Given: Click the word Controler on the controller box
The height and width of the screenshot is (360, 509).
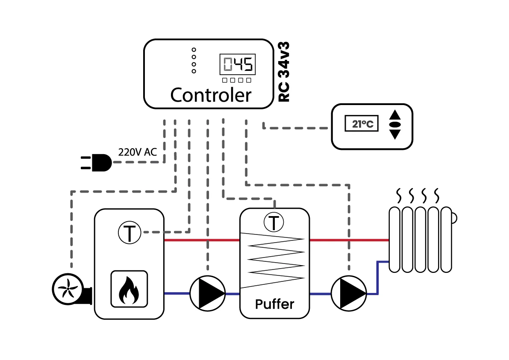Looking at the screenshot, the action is [x=211, y=95].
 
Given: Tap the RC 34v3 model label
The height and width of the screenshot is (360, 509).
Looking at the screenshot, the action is [x=284, y=72].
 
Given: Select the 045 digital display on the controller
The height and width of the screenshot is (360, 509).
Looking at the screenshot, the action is [x=238, y=64].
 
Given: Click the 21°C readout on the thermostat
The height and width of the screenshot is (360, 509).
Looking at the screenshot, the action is [x=362, y=123].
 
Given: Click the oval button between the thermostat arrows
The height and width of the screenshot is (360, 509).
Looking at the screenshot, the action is [x=395, y=125].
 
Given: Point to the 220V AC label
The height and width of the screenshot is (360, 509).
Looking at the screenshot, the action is [x=137, y=152].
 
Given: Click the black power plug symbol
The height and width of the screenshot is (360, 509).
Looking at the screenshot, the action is [x=96, y=162].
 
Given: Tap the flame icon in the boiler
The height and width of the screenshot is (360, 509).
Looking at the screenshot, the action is [x=129, y=289].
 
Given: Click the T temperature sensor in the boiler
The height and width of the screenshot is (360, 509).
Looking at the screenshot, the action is [x=129, y=233].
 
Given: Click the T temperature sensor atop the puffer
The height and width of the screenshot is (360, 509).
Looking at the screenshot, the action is [x=274, y=222].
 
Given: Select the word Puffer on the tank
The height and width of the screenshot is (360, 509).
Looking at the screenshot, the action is [x=275, y=304].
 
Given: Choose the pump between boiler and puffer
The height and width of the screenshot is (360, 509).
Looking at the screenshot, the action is [x=207, y=293].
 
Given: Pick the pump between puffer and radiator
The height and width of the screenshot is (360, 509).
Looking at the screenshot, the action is [x=349, y=293].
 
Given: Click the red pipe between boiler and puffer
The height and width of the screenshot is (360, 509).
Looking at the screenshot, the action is [x=202, y=240].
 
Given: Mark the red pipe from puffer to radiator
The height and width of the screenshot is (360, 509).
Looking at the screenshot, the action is [x=349, y=240].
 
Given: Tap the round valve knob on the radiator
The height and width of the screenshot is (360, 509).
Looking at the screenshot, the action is [x=454, y=218].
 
